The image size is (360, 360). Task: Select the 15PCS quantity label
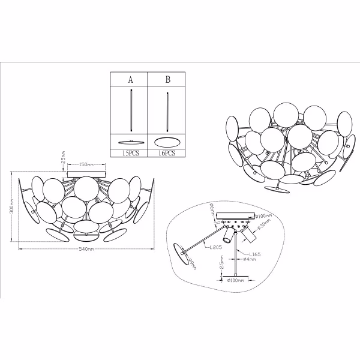130,154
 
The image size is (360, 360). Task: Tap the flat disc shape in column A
130,142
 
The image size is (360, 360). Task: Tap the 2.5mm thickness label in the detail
222,264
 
